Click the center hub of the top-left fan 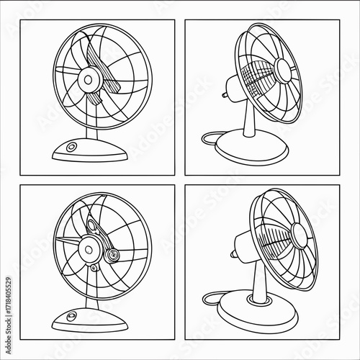click(x=89, y=80)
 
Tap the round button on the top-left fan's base click(x=71, y=147)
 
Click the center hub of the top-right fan click(x=284, y=71)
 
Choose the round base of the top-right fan click(x=251, y=145)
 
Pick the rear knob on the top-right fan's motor click(x=225, y=95)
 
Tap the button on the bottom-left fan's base click(x=71, y=315)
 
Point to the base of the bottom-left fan click(x=90, y=319)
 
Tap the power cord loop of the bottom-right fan click(x=211, y=299)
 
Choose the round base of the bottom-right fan click(x=258, y=310)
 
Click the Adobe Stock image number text click(x=9, y=297)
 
